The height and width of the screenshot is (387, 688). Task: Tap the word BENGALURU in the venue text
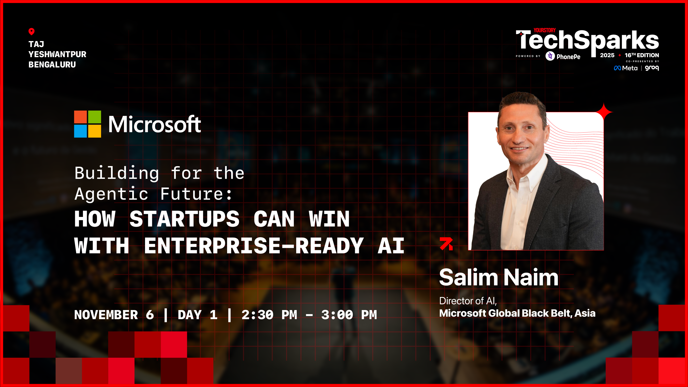tap(52, 65)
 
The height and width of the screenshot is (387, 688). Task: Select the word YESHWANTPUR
tap(57, 54)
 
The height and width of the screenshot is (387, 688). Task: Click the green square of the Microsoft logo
tap(94, 117)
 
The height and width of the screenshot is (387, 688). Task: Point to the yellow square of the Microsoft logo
tap(94, 131)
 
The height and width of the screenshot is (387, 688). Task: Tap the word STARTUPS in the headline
tap(184, 219)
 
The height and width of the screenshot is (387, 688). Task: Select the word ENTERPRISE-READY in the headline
tap(254, 246)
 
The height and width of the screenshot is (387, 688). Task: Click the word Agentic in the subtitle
tap(111, 194)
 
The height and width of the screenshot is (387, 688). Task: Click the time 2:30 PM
tap(269, 315)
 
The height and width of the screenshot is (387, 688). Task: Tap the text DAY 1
tap(197, 315)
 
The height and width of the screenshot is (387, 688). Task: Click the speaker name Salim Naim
tap(498, 278)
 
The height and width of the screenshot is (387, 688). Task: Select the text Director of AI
tap(467, 301)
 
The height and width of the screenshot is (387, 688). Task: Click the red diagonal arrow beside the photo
tap(446, 244)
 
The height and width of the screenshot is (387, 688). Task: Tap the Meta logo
tap(625, 68)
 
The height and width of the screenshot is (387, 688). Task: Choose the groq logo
tap(652, 68)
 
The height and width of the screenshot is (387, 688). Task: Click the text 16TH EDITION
tap(642, 55)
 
